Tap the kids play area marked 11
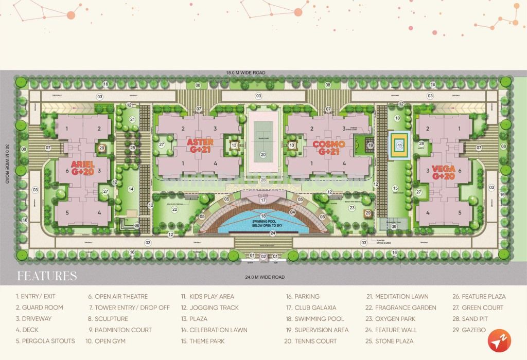pyautogui.click(x=399, y=145)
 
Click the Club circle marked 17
pyautogui.click(x=263, y=200)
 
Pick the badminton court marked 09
pyautogui.click(x=394, y=226)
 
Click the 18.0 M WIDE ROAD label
pyautogui.click(x=248, y=73)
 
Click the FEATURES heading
pyautogui.click(x=47, y=276)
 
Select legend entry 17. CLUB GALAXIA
pyautogui.click(x=311, y=308)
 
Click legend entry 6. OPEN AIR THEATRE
pyautogui.click(x=117, y=296)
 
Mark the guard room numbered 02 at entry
pyautogui.click(x=263, y=256)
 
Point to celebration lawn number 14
pyautogui.click(x=131, y=189)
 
